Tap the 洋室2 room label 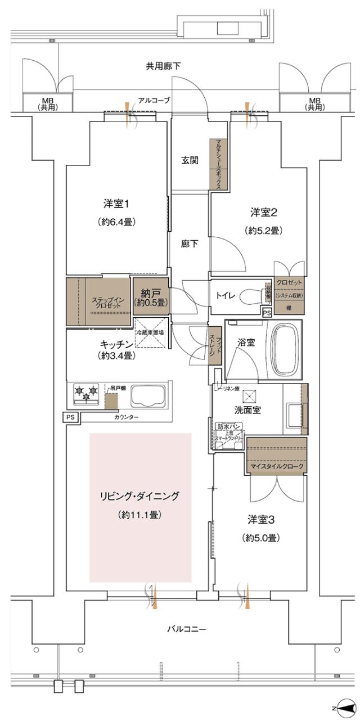263,213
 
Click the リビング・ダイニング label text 139,496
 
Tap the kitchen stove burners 86,393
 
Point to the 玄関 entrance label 190,160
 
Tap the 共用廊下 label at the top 164,66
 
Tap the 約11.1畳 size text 139,514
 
